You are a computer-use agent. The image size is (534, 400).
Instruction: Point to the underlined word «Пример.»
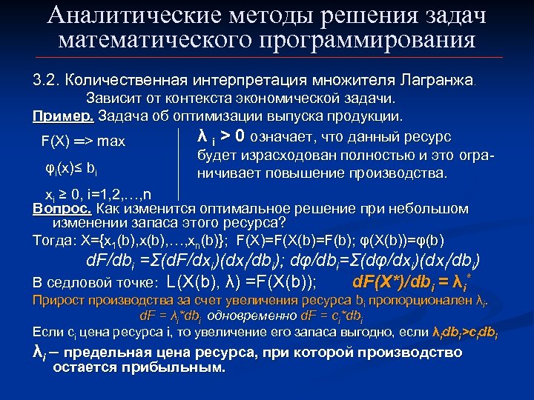(63, 116)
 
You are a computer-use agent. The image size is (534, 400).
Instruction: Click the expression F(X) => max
(83, 141)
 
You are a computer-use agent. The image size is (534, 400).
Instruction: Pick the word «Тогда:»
(50, 239)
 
